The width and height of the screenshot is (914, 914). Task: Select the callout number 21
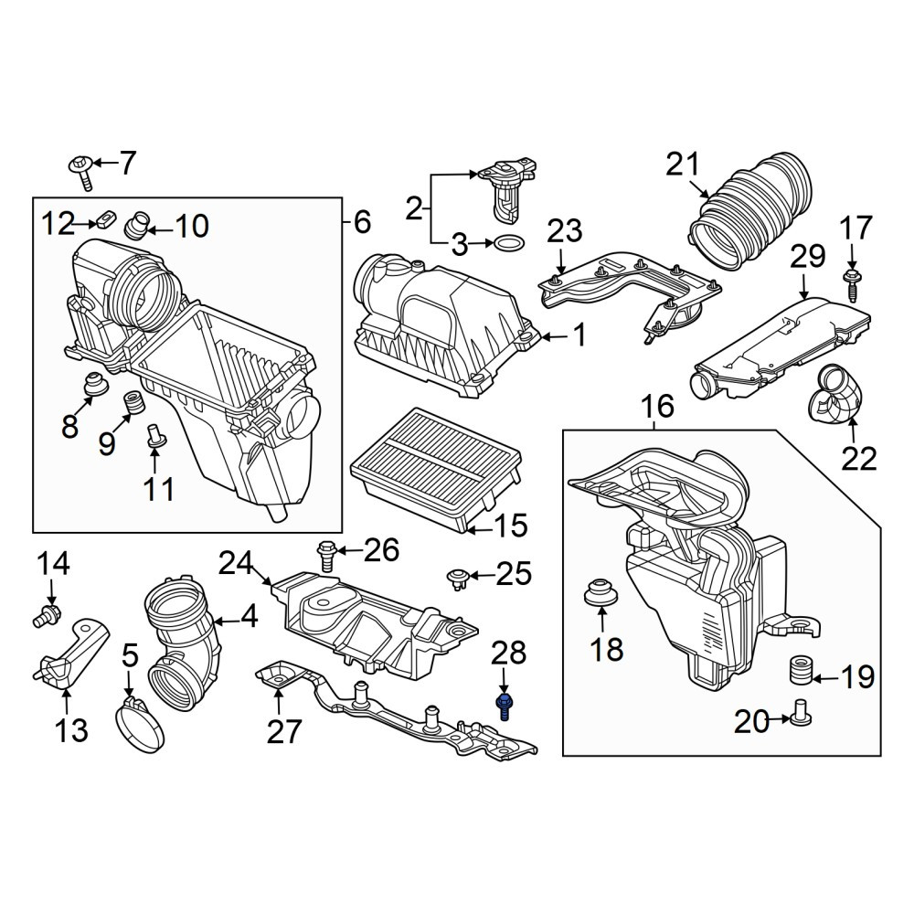tap(683, 166)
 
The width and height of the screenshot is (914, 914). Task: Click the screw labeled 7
tap(82, 172)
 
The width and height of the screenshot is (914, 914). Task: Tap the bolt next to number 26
tap(326, 556)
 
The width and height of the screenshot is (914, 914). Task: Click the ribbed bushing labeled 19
tap(800, 672)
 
